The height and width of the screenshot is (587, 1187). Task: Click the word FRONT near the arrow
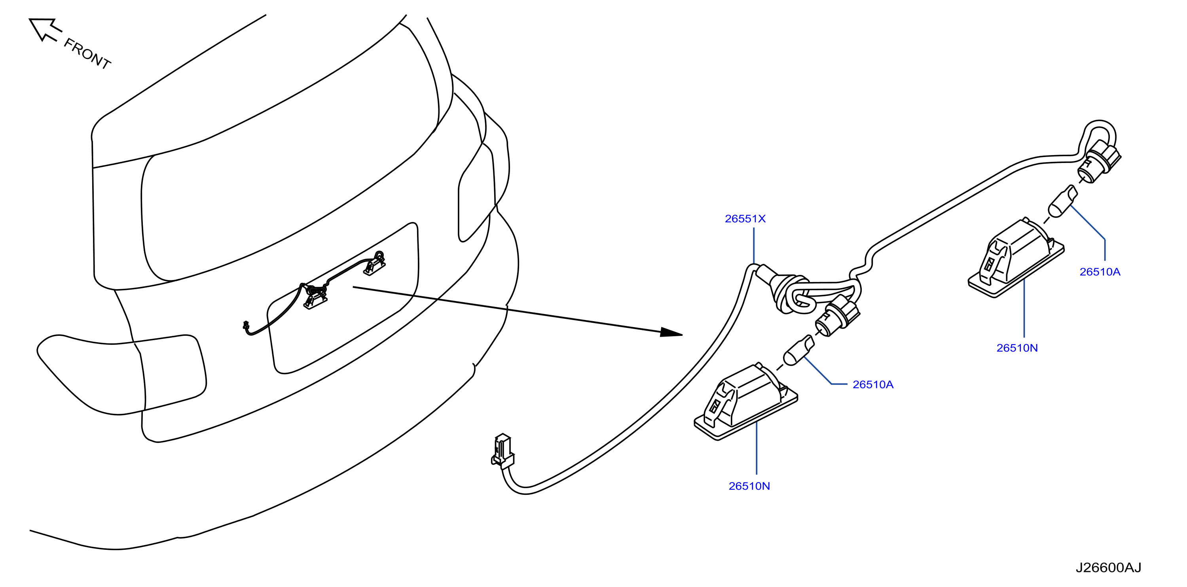click(x=87, y=53)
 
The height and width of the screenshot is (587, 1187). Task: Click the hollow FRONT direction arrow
click(x=45, y=30)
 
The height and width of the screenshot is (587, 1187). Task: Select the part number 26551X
click(x=745, y=219)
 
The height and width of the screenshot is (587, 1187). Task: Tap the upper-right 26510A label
click(x=1100, y=272)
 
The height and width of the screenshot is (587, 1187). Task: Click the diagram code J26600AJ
click(x=1108, y=568)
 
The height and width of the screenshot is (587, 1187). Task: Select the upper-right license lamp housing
click(x=1016, y=258)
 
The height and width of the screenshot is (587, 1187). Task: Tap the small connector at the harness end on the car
click(x=246, y=326)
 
